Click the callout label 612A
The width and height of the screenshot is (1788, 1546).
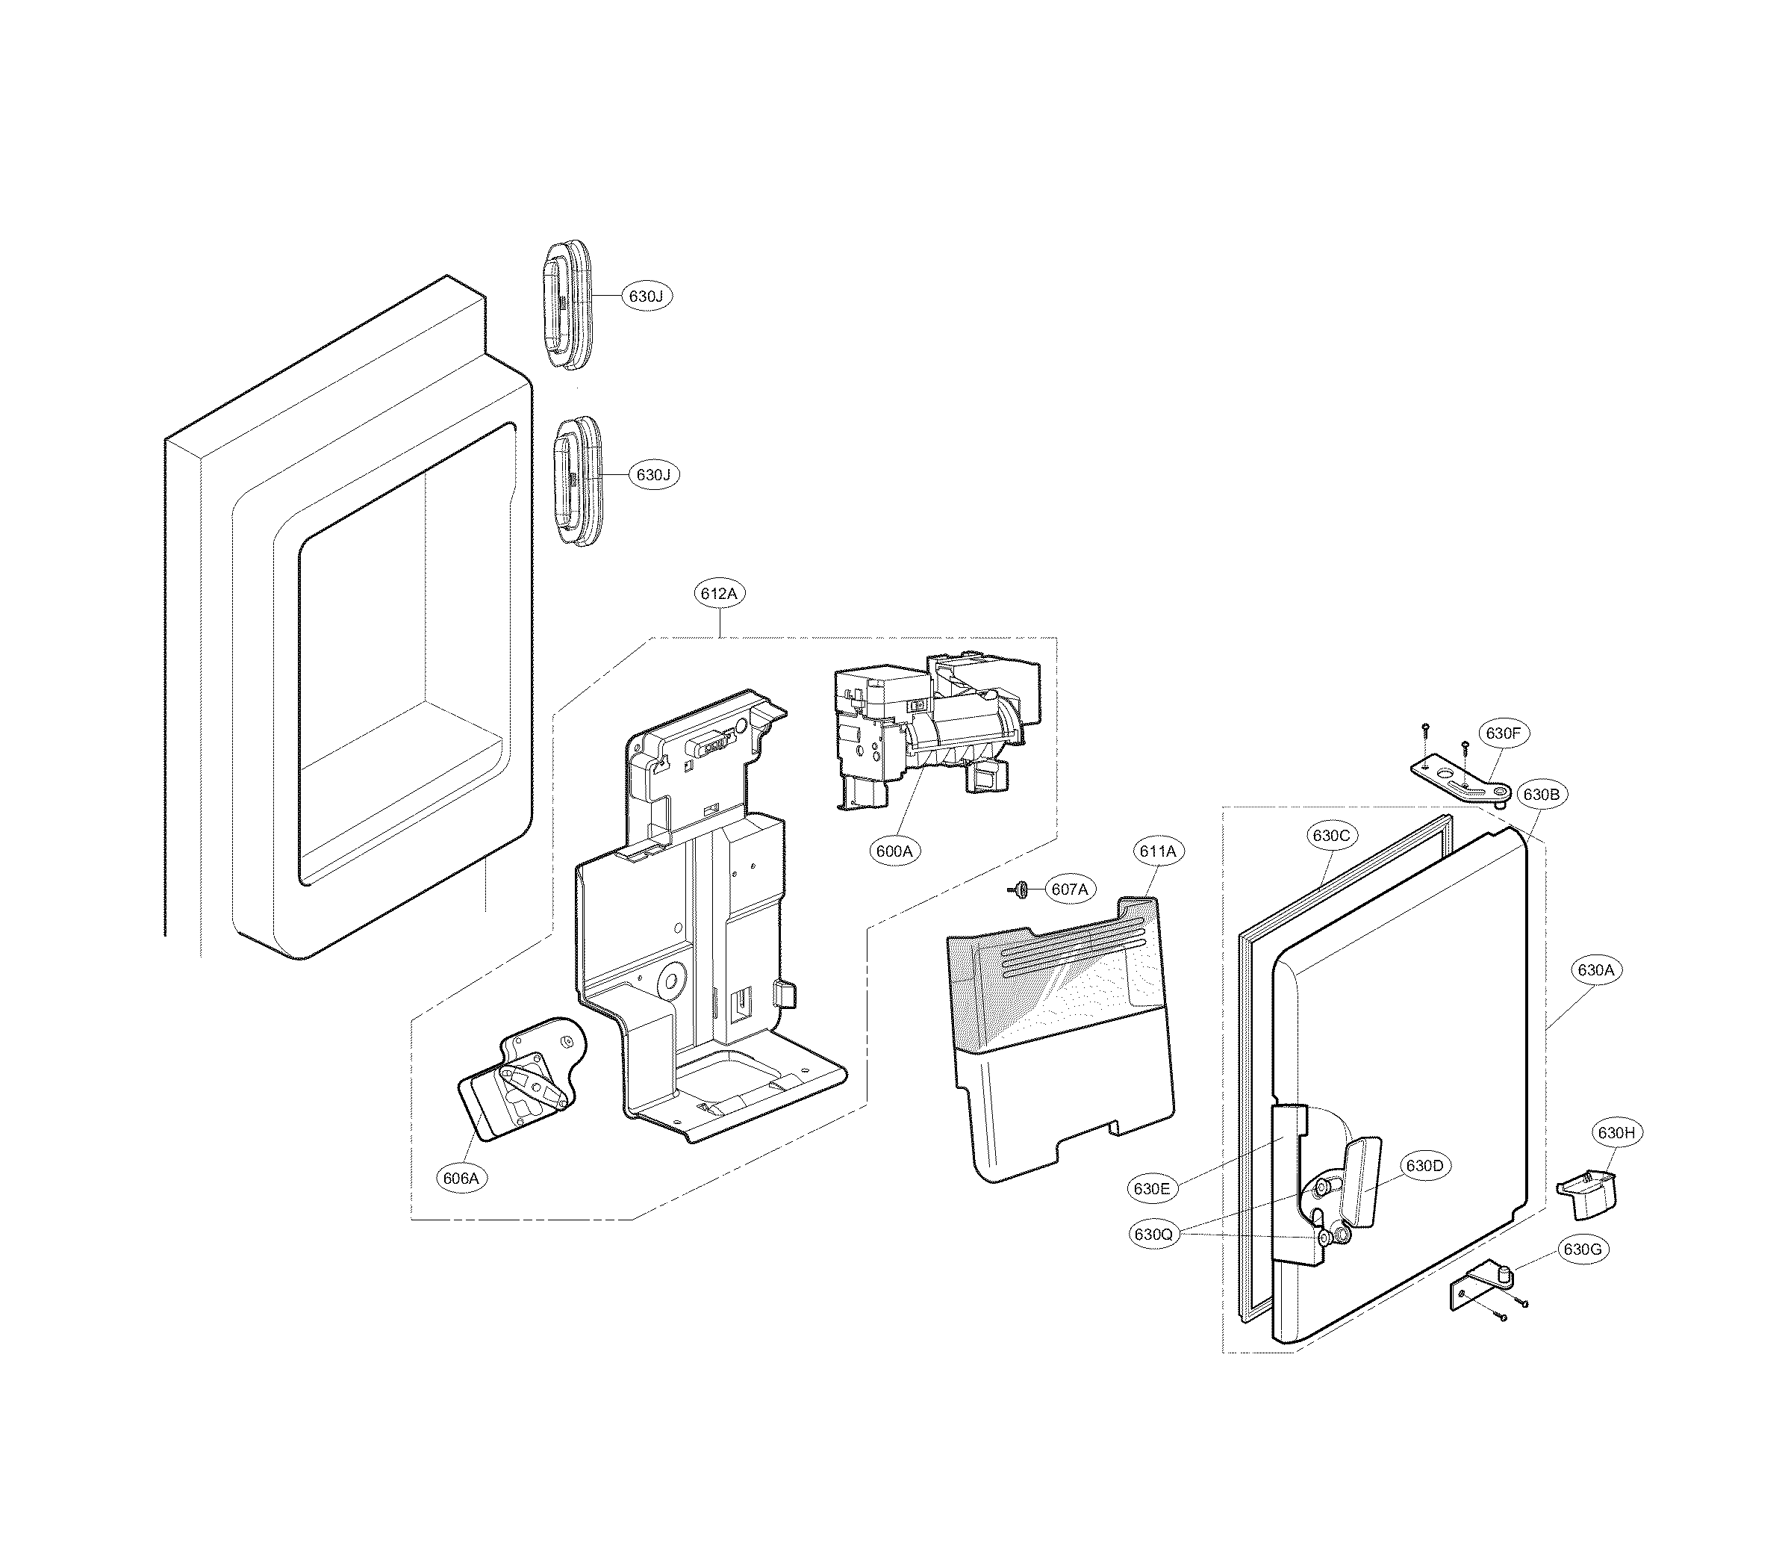[x=719, y=594]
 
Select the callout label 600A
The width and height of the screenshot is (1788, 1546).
[x=894, y=850]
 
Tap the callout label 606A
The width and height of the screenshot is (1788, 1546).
[x=461, y=1177]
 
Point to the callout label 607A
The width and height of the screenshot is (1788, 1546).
[x=1069, y=888]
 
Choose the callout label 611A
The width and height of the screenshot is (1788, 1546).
[x=1157, y=851]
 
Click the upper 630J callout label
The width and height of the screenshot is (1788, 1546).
[x=646, y=296]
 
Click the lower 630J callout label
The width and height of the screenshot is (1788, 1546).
[x=653, y=474]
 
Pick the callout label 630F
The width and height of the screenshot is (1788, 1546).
[x=1502, y=733]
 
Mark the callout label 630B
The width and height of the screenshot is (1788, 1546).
[x=1540, y=794]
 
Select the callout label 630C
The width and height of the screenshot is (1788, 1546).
[x=1330, y=835]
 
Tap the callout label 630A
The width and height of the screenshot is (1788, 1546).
[x=1595, y=969]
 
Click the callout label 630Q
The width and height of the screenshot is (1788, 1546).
[x=1153, y=1235]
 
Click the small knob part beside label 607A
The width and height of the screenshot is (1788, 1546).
[x=1019, y=888]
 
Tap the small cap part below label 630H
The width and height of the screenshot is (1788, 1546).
[x=1587, y=1193]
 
